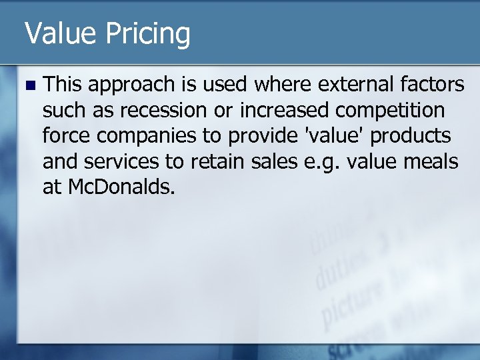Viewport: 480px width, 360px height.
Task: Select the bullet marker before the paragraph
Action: point(27,85)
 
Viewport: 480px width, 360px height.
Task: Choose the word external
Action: point(350,84)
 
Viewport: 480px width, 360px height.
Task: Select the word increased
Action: point(281,110)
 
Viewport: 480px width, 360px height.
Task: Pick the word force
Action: point(63,135)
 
